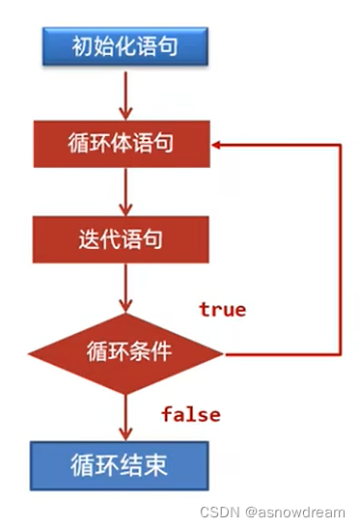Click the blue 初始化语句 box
coord(125,45)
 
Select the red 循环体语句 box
coord(125,145)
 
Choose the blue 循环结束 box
coord(125,463)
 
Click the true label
coord(222,310)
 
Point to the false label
coord(190,415)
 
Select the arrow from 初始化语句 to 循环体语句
coord(125,93)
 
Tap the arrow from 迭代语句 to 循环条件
coord(125,287)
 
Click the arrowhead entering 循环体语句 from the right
coord(220,145)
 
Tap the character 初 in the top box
coord(80,45)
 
